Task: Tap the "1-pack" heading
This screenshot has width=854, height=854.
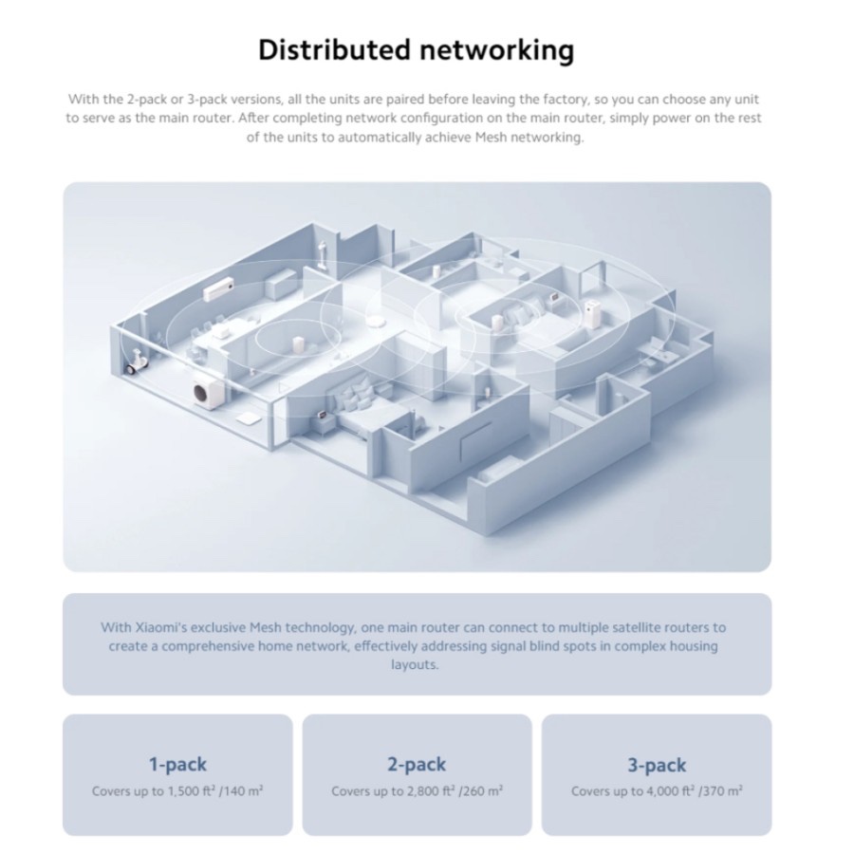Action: click(x=177, y=764)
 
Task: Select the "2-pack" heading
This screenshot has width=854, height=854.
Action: click(x=417, y=764)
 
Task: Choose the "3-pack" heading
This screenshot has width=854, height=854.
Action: click(x=657, y=764)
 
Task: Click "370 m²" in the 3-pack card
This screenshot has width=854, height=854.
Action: click(x=721, y=791)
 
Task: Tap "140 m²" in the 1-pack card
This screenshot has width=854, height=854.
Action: click(x=242, y=791)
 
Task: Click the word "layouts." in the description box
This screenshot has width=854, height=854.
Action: click(x=417, y=665)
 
